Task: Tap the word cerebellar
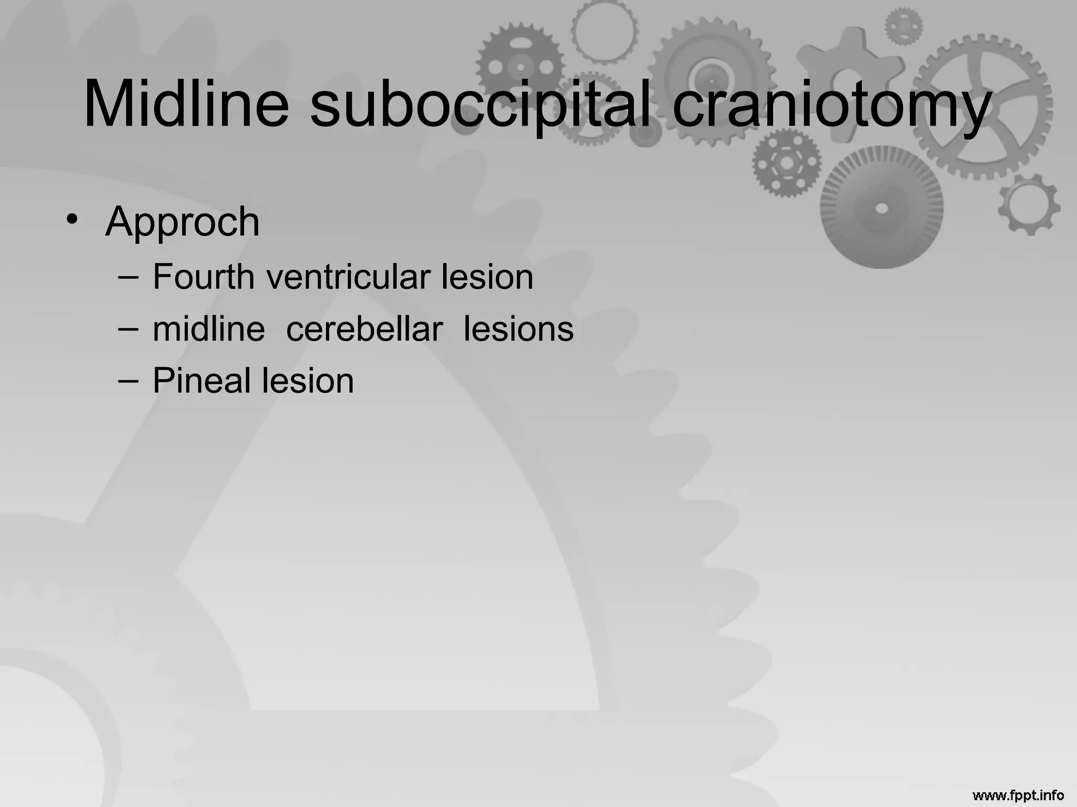[364, 329]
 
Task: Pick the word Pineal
[201, 380]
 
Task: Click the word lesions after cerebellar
[519, 329]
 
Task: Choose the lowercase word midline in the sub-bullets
[209, 329]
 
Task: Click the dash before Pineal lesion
[128, 379]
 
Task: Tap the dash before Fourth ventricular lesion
[128, 275]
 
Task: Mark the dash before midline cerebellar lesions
[128, 328]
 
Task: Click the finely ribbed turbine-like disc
[881, 208]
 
